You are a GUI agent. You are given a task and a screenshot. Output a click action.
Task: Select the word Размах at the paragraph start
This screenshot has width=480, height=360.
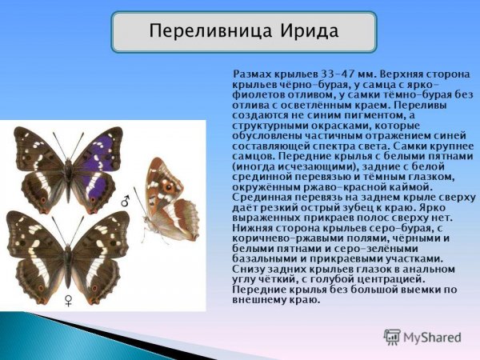click(x=254, y=74)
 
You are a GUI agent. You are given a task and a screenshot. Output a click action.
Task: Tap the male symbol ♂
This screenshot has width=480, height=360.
click(x=125, y=203)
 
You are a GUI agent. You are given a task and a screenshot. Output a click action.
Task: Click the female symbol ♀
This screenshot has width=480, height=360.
click(x=68, y=299)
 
